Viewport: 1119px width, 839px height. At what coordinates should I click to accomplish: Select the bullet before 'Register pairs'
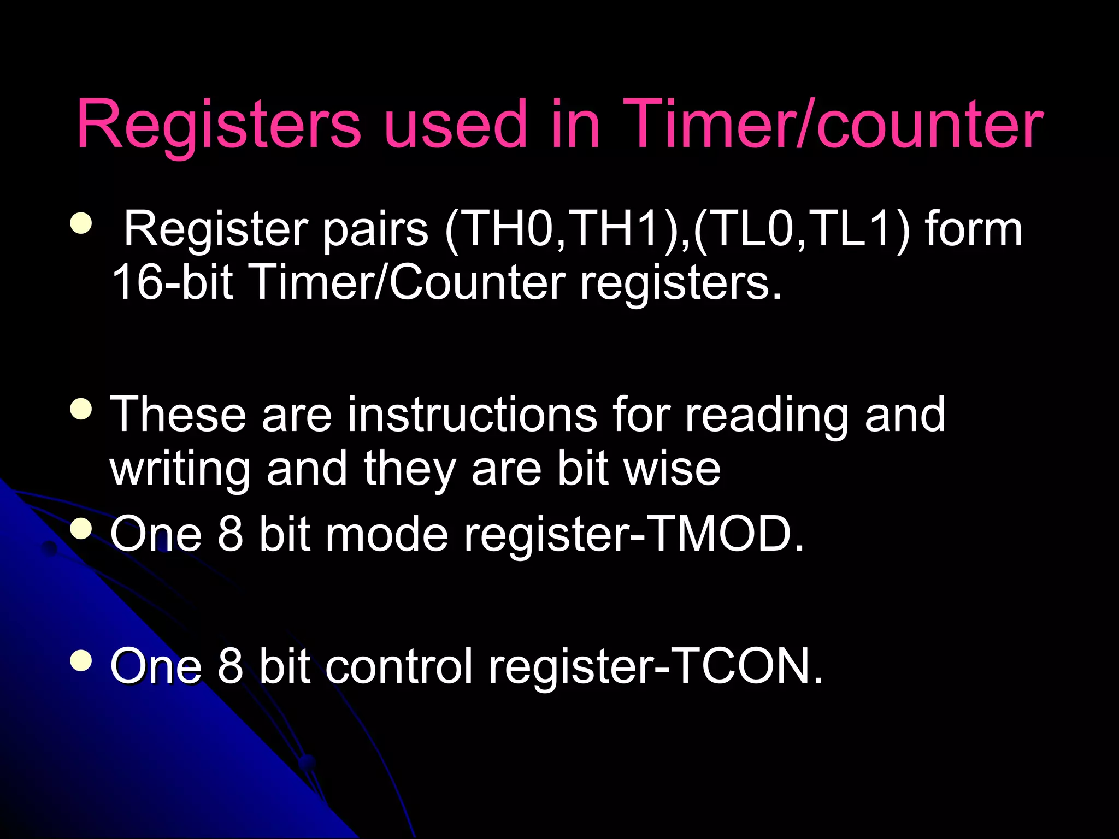tap(81, 223)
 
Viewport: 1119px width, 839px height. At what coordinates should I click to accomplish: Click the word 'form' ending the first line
tap(973, 229)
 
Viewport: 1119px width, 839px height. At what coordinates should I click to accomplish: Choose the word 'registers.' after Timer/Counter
tap(680, 282)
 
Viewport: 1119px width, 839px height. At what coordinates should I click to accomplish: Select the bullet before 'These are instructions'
tap(81, 409)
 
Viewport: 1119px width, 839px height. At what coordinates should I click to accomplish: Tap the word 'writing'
tap(180, 469)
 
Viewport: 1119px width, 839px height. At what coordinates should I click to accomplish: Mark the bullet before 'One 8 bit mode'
tap(81, 528)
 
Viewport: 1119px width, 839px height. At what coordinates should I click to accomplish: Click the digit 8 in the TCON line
tap(230, 666)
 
